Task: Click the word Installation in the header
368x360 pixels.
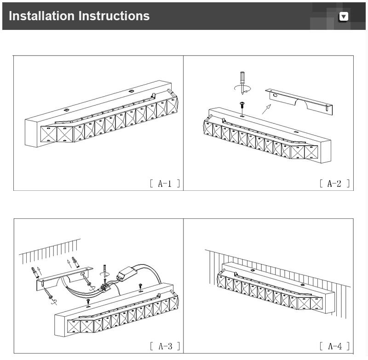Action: click(41, 16)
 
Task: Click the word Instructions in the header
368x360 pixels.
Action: click(114, 16)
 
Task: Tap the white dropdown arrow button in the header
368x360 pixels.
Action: click(344, 17)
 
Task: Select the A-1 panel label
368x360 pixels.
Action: click(165, 183)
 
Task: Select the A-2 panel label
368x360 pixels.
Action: click(334, 183)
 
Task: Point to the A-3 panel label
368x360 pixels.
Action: click(165, 346)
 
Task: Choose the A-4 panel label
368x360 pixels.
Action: click(335, 346)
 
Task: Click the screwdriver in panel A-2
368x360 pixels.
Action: click(242, 83)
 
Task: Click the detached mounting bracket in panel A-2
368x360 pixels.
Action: click(299, 101)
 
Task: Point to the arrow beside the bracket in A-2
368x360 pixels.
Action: click(266, 109)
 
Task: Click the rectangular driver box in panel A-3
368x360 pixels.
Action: click(127, 274)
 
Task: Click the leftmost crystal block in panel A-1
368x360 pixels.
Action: click(49, 134)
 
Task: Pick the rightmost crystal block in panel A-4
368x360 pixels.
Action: click(316, 303)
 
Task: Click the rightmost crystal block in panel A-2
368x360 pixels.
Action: click(311, 152)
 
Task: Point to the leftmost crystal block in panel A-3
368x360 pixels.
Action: click(74, 326)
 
